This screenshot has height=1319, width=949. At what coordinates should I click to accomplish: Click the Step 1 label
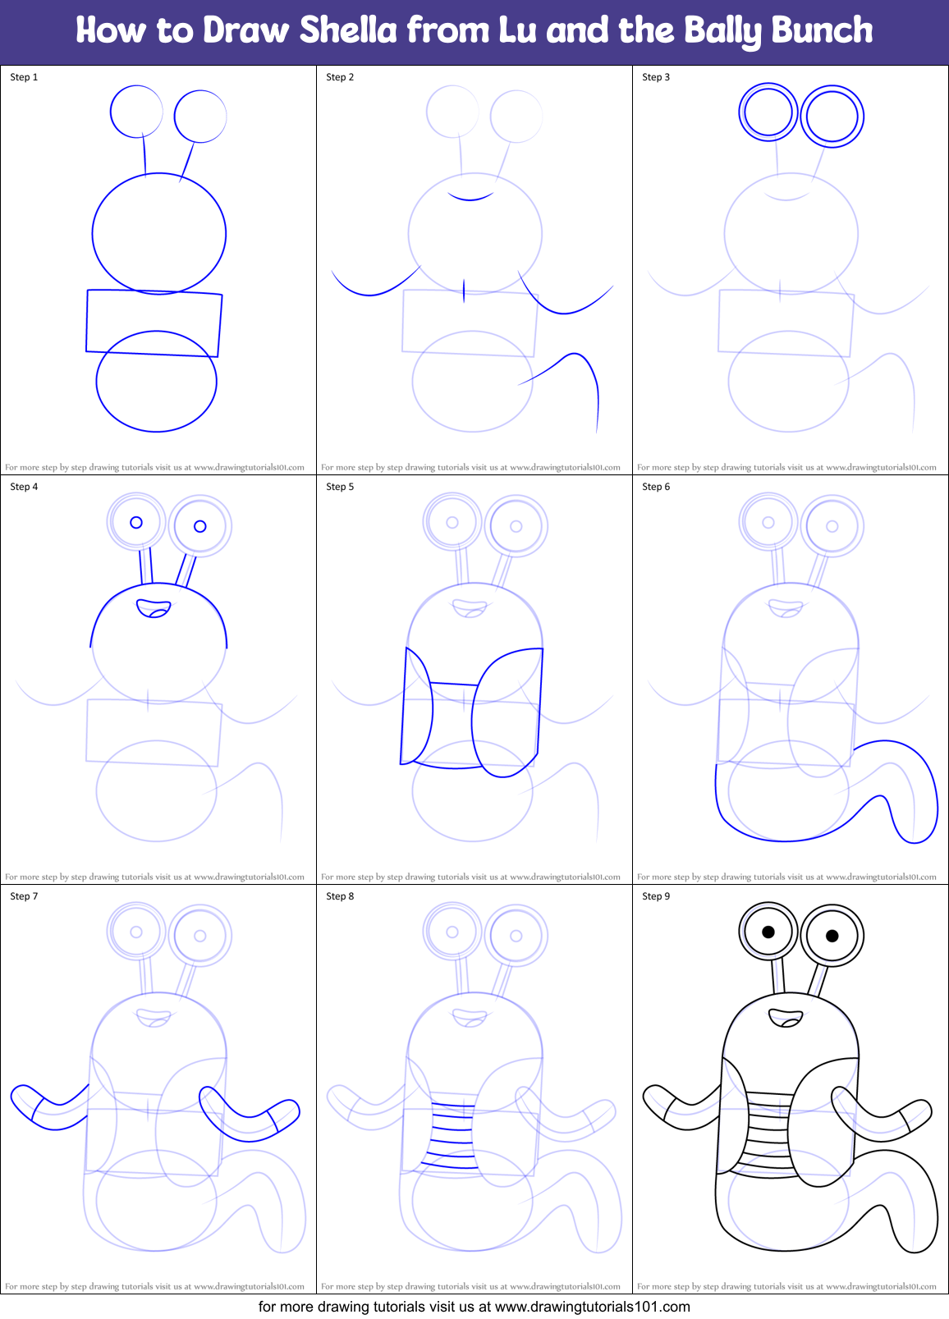(x=24, y=77)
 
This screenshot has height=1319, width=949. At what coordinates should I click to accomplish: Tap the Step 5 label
(x=340, y=487)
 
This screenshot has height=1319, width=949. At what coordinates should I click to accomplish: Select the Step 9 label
(x=656, y=896)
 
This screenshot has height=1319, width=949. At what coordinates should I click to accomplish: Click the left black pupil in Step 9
(x=768, y=932)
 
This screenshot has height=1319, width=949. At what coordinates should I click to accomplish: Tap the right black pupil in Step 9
(x=832, y=936)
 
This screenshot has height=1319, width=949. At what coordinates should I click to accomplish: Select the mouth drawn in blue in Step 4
(x=154, y=608)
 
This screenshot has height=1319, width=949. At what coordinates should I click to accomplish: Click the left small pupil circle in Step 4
(x=136, y=522)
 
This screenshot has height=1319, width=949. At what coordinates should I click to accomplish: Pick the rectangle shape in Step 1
(x=154, y=323)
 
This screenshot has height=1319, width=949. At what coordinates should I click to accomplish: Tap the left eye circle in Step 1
(x=136, y=112)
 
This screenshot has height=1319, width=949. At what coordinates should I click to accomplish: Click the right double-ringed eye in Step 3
(x=832, y=117)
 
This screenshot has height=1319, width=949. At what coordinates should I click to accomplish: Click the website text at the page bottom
(x=474, y=1307)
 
